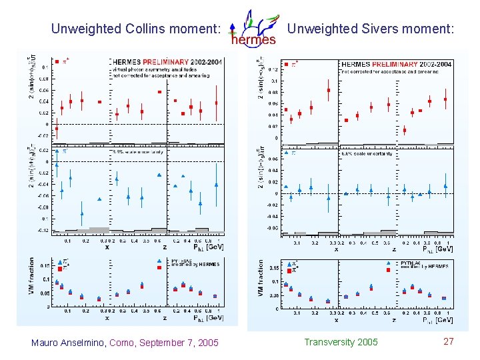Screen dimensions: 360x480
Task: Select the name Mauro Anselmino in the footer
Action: (x=69, y=343)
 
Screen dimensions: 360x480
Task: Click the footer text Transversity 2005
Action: (x=341, y=342)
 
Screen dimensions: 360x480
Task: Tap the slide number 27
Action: (x=449, y=341)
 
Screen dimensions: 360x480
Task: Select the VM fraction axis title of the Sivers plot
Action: (x=261, y=280)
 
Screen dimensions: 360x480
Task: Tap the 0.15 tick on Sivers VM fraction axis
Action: (x=274, y=268)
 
